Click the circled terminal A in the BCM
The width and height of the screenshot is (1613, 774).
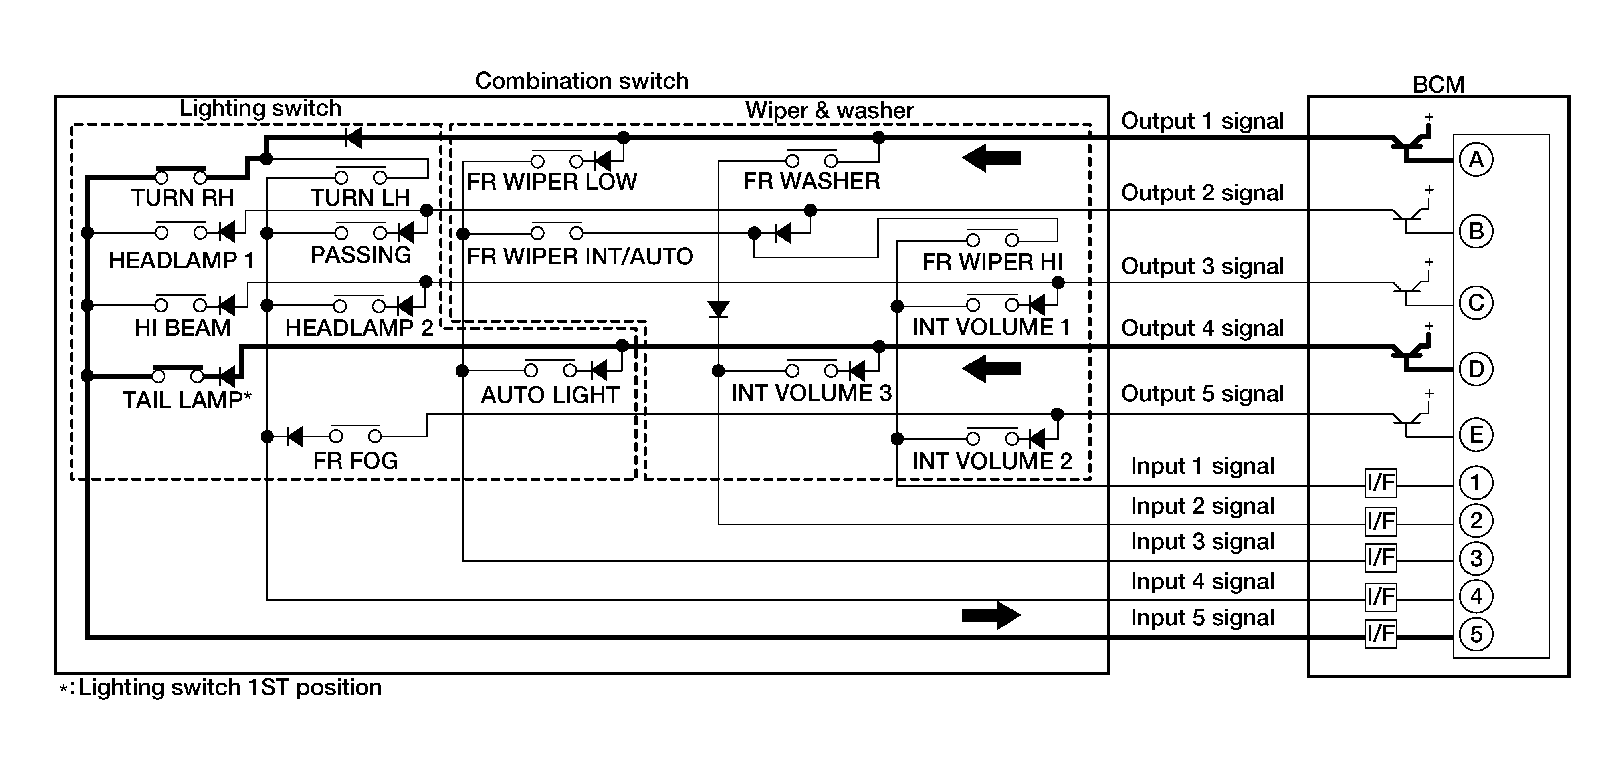coord(1476,160)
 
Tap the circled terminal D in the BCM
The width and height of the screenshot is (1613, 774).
coord(1476,369)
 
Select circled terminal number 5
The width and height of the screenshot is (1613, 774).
coord(1476,634)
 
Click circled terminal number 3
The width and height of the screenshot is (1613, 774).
coord(1476,558)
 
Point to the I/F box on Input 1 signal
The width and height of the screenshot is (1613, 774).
coord(1381,483)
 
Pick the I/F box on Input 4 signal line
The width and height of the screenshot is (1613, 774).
coord(1381,596)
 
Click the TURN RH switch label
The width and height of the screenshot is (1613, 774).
coord(182,198)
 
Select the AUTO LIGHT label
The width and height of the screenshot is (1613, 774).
coord(550,395)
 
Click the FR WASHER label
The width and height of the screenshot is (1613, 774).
coord(812,181)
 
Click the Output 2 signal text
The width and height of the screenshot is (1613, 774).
coord(1202,193)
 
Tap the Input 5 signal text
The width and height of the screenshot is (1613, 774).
coord(1202,618)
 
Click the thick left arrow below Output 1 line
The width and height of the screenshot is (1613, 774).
coord(991,158)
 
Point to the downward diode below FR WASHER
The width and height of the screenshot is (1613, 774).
coord(718,309)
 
